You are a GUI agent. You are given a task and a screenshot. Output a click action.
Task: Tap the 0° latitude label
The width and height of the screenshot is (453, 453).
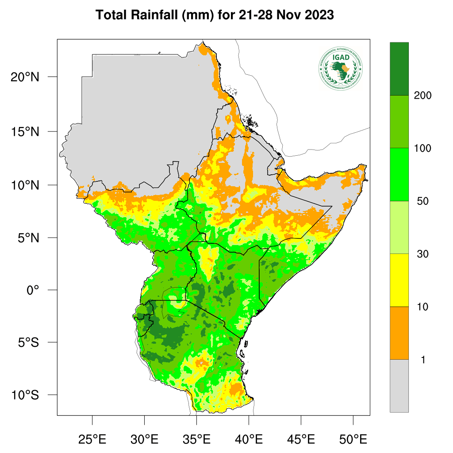tap(33, 290)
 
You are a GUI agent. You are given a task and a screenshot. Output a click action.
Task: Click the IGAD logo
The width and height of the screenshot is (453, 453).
tap(340, 68)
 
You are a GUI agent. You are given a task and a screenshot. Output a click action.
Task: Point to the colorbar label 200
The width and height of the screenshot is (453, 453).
tap(422, 96)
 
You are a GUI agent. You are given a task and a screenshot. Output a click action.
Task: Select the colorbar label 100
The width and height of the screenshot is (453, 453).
tap(422, 148)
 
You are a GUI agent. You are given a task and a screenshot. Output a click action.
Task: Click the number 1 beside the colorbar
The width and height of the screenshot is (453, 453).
tap(423, 360)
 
